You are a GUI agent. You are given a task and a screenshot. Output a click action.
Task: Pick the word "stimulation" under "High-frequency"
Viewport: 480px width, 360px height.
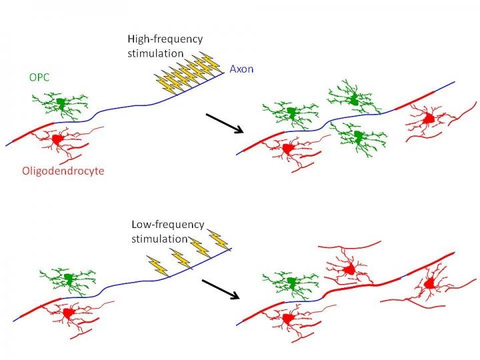(154, 53)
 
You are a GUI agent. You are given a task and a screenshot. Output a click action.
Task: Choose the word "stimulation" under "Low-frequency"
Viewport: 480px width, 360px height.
(159, 237)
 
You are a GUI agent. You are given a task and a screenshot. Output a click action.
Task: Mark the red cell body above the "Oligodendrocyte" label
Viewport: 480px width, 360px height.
(57, 139)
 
